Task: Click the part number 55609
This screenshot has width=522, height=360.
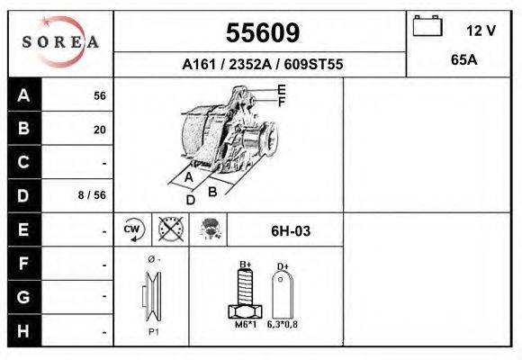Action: tap(262, 33)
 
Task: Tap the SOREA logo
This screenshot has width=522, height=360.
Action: tap(60, 42)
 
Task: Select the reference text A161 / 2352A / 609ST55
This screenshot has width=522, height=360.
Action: tap(262, 65)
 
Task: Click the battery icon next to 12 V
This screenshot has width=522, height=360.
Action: tap(427, 28)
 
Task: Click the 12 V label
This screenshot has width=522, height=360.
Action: tap(481, 31)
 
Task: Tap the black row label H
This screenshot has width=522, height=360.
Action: tap(23, 330)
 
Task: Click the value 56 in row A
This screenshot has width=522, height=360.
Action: tap(100, 96)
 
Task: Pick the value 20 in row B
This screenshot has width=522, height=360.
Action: tap(100, 130)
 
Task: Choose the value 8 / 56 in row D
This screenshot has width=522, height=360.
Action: tap(94, 195)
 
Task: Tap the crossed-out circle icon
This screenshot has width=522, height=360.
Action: tap(171, 229)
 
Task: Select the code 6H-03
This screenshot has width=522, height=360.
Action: tap(291, 231)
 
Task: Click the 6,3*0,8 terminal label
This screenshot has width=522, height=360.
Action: tap(282, 325)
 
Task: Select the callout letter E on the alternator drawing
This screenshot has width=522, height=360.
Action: tap(282, 89)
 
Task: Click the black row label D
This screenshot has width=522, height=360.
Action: tap(23, 195)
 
